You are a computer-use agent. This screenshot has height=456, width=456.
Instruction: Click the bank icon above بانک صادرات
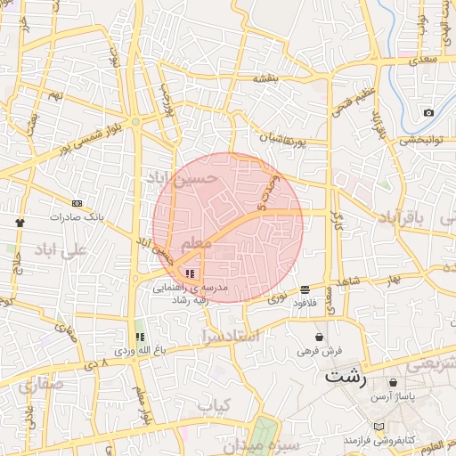[x=77, y=203]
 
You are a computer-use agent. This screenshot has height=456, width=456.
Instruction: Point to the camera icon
[x=428, y=113]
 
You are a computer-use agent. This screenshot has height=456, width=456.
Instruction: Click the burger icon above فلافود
[x=305, y=289]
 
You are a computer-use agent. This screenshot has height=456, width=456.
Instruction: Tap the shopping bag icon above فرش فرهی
[x=320, y=337]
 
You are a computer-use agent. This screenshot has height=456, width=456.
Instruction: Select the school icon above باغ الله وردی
[x=139, y=337]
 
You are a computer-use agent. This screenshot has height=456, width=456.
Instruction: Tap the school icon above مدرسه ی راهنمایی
[x=190, y=273]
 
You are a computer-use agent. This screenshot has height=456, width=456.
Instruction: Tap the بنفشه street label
[x=266, y=78]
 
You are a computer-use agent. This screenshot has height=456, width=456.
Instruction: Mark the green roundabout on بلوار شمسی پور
[x=134, y=122]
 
